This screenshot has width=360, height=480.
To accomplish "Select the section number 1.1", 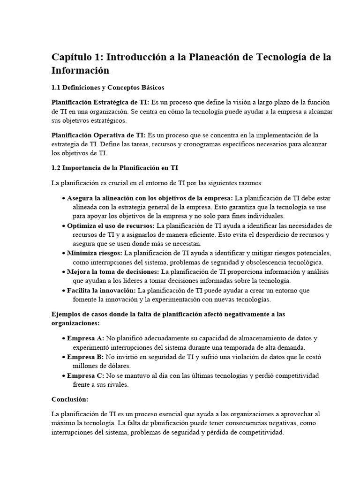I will pyautogui.click(x=57, y=87).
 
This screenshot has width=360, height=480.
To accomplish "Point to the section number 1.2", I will pyautogui.click(x=57, y=168).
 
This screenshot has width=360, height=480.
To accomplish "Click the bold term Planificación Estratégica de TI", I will pyautogui.click(x=100, y=102).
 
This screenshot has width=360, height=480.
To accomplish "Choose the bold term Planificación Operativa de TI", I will pyautogui.click(x=98, y=135).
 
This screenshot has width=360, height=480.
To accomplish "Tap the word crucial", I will pyautogui.click(x=109, y=182).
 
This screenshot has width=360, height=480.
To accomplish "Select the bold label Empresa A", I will pyautogui.click(x=86, y=338).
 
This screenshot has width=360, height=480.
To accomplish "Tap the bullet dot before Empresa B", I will pyautogui.click(x=63, y=357).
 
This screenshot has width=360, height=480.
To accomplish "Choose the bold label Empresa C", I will pyautogui.click(x=86, y=375).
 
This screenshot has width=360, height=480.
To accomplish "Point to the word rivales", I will pyautogui.click(x=116, y=384).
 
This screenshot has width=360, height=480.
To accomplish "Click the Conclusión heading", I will pyautogui.click(x=70, y=399).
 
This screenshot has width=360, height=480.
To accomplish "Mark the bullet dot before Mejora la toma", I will pyautogui.click(x=63, y=272).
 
